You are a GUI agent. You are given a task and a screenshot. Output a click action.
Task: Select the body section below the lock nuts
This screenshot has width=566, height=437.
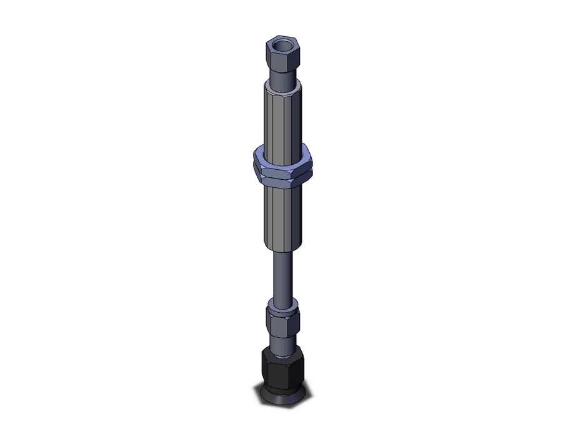pyautogui.click(x=282, y=215)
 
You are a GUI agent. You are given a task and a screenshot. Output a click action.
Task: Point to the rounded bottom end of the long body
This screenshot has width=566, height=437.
pyautogui.click(x=282, y=247)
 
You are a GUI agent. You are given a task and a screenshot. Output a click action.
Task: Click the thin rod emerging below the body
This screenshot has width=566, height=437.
pyautogui.click(x=282, y=275)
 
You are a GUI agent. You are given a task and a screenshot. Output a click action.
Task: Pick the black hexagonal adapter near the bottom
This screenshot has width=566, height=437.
pyautogui.click(x=282, y=368)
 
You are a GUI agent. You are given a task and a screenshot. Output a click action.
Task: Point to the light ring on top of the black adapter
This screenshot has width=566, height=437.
pyautogui.click(x=282, y=353)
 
